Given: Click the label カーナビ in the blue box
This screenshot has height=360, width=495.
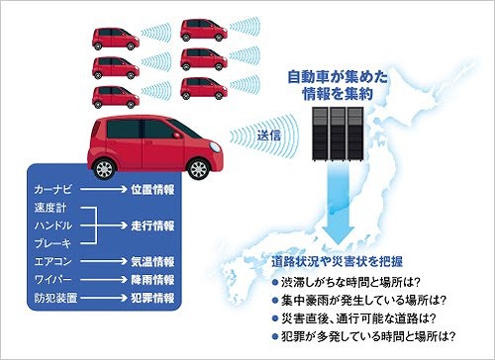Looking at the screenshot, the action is [x=52, y=190].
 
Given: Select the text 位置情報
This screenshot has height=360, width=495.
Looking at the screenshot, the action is [x=152, y=190].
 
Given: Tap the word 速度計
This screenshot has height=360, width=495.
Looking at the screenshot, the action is [x=50, y=208].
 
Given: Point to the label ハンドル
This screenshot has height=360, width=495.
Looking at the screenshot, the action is [x=53, y=225].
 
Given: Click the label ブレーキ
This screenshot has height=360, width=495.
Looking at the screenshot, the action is [x=52, y=243].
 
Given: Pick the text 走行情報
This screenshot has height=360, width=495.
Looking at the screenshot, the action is [x=152, y=225].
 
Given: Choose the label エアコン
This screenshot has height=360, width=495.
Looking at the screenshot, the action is [x=53, y=261].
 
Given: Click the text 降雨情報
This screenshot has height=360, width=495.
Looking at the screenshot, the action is [x=152, y=280].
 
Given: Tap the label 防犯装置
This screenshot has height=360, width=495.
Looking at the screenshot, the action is [x=55, y=298].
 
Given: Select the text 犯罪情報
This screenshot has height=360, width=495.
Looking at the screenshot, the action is [x=152, y=298].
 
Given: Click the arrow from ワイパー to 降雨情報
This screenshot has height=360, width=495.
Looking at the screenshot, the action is [x=104, y=280].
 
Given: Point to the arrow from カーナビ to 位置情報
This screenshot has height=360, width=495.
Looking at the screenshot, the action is [x=104, y=190].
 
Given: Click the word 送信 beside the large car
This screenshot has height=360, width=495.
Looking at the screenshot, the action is [x=269, y=135].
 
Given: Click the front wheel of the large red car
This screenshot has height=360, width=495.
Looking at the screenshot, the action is [x=198, y=169].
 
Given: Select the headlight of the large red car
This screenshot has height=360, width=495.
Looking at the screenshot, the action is [x=215, y=146].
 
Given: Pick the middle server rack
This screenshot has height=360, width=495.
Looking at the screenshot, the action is [x=338, y=134].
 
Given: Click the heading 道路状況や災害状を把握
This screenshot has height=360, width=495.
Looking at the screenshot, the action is [x=337, y=262].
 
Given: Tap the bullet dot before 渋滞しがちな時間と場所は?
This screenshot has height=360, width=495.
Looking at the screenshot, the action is [x=275, y=283].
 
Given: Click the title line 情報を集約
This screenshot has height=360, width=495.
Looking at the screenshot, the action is [x=338, y=94].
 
